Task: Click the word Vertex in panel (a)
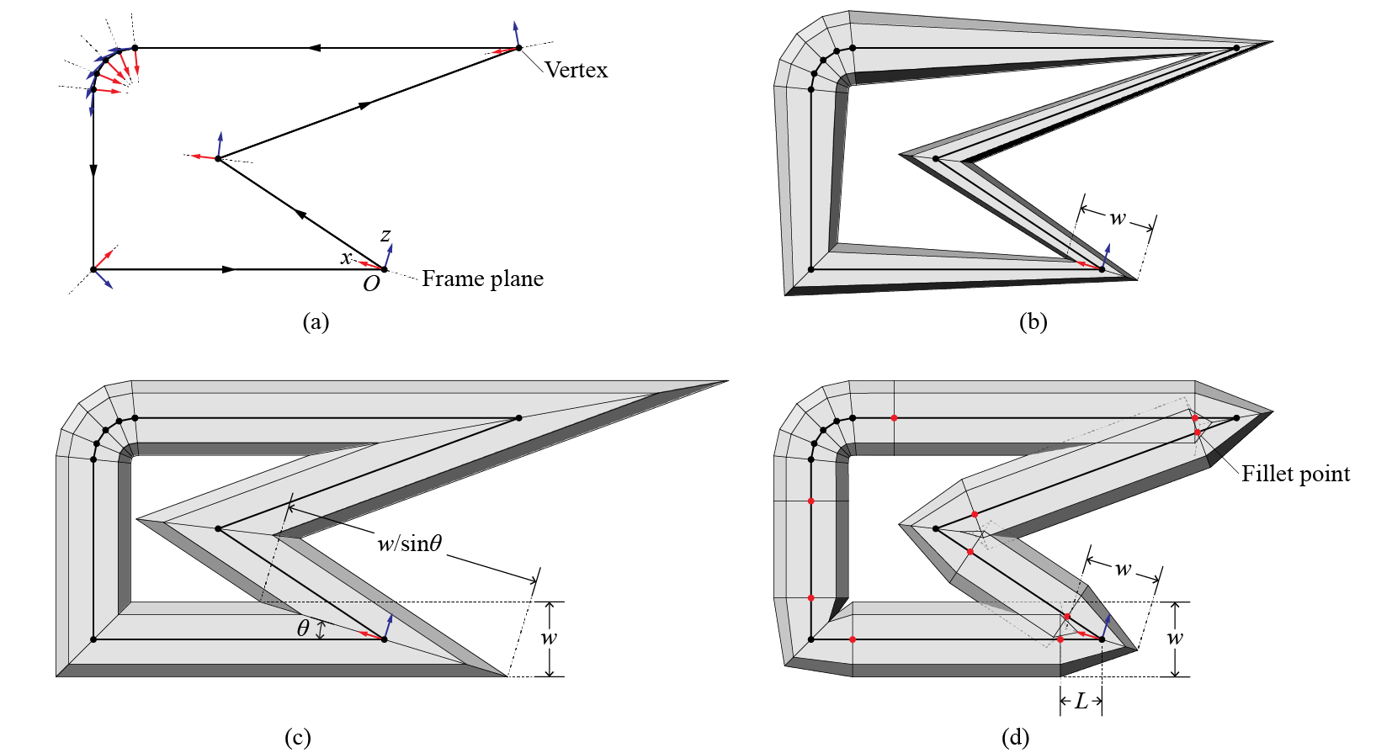tap(576, 70)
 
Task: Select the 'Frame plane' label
tap(482, 278)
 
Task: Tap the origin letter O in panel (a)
tap(371, 284)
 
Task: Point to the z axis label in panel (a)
tap(385, 236)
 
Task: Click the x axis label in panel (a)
tap(346, 258)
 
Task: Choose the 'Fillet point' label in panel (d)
tap(1295, 475)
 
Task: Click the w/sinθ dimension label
tap(409, 544)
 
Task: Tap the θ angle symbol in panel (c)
tap(303, 628)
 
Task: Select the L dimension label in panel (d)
tap(1081, 701)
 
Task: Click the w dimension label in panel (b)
tap(1117, 218)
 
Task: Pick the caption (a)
tap(316, 321)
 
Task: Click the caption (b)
tap(1033, 321)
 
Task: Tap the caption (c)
tap(297, 738)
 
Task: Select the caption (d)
tap(1015, 738)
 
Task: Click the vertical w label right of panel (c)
tap(549, 638)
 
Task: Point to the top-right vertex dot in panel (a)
tap(518, 48)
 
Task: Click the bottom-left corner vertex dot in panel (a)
tap(93, 269)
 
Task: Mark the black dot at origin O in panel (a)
tap(385, 269)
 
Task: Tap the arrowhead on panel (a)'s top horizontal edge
tap(313, 48)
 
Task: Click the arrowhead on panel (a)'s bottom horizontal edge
tap(229, 269)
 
